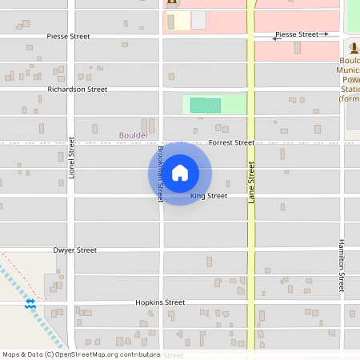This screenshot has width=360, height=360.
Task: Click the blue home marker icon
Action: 180,173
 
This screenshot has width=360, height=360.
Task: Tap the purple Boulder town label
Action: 134,135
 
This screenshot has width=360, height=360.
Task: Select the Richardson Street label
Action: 77,90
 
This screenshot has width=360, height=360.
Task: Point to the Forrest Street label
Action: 231,142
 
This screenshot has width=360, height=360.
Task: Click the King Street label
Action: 209,196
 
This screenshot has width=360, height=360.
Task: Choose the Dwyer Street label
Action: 75,250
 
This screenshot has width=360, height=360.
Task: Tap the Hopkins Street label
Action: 160,302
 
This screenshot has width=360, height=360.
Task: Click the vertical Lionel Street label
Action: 71,157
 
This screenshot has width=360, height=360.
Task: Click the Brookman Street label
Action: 160,173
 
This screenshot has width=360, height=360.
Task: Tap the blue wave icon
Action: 30,304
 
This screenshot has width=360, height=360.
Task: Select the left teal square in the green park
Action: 198,105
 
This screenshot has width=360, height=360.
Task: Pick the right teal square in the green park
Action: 214,105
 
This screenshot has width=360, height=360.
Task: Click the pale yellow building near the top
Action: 178,20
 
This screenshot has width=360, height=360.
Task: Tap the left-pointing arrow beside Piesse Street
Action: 275,38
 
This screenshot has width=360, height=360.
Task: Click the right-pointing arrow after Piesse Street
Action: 324,34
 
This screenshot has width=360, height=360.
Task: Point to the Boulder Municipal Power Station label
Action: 350,79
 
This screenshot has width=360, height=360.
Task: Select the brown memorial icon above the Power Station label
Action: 354,49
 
